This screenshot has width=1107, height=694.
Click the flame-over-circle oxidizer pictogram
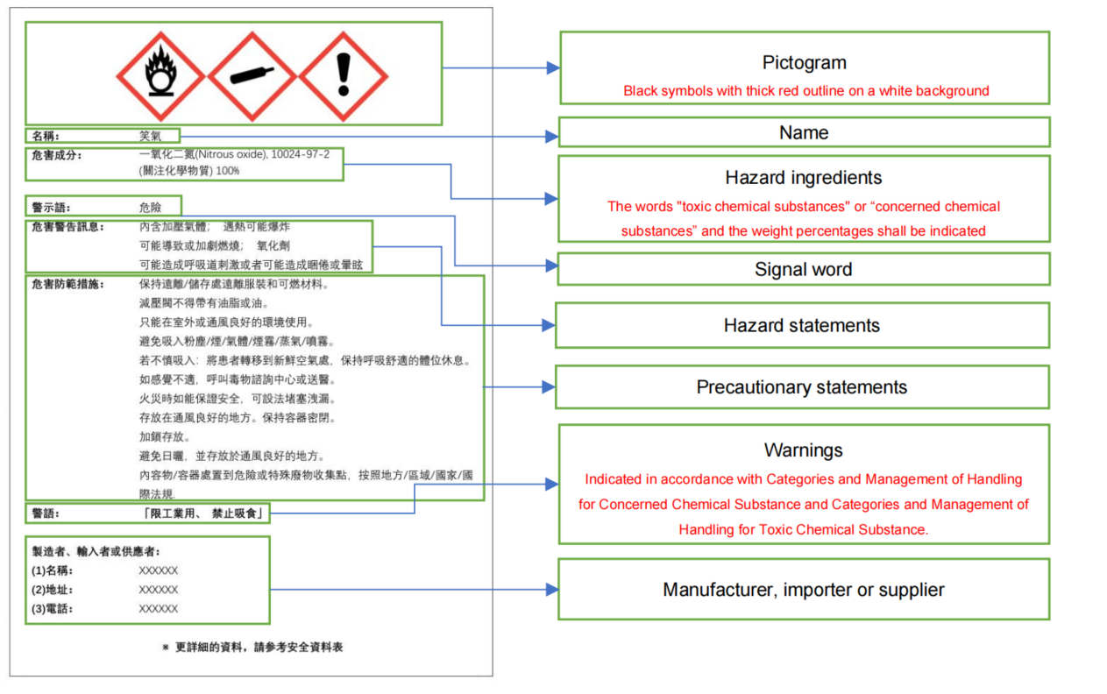[x=160, y=76]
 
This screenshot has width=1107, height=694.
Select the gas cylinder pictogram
[x=252, y=76]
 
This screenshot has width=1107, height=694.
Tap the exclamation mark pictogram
[x=344, y=76]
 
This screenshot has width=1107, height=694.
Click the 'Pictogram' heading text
[x=804, y=63]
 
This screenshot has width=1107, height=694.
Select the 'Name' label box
[x=804, y=132]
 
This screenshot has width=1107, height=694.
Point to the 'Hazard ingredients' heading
[x=803, y=177]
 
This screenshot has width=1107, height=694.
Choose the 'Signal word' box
[x=804, y=269]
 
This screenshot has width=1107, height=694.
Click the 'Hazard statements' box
[x=802, y=325]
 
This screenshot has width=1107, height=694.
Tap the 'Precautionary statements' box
[x=802, y=387]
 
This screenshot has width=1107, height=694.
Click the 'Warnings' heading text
[x=803, y=450]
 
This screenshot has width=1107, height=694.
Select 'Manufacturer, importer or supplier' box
[x=804, y=589]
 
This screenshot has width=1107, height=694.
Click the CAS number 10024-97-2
[x=300, y=154]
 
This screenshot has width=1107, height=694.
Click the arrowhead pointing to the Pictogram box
[x=553, y=67]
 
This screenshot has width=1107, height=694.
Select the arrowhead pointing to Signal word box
[x=552, y=266]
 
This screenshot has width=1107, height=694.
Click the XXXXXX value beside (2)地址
[x=158, y=590]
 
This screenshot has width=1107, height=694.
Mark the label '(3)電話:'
[x=52, y=608]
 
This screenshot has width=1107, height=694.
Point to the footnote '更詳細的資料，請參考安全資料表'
[x=259, y=647]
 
